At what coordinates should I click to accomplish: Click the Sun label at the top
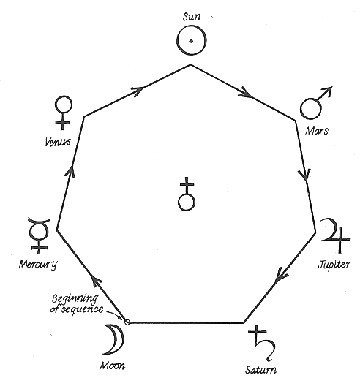[x=192, y=17]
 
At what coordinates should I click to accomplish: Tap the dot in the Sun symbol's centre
[x=191, y=41]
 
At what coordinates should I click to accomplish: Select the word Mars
[x=317, y=131]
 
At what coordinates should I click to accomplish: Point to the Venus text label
[x=58, y=142]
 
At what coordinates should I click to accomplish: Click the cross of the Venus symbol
[x=63, y=121]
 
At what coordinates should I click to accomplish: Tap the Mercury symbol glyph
[x=39, y=235]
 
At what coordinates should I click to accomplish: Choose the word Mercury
[x=38, y=265]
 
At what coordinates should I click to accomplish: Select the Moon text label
[x=112, y=366]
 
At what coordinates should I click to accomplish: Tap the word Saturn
[x=260, y=370]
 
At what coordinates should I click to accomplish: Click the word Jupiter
[x=334, y=265]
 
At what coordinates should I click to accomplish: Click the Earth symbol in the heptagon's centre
[x=187, y=194]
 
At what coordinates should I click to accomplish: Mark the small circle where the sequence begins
[x=127, y=322]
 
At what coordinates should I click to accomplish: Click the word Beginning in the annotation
[x=75, y=299]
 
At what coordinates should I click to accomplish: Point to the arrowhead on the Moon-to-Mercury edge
[x=96, y=280]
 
